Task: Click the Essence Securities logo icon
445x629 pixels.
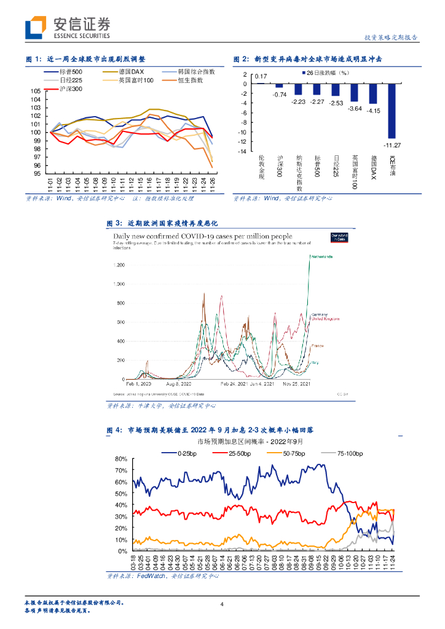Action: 36,28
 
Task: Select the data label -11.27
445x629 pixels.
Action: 392,145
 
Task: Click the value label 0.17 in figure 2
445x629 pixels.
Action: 261,76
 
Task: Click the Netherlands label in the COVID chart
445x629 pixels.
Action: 320,256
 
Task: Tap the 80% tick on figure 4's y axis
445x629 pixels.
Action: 120,459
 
